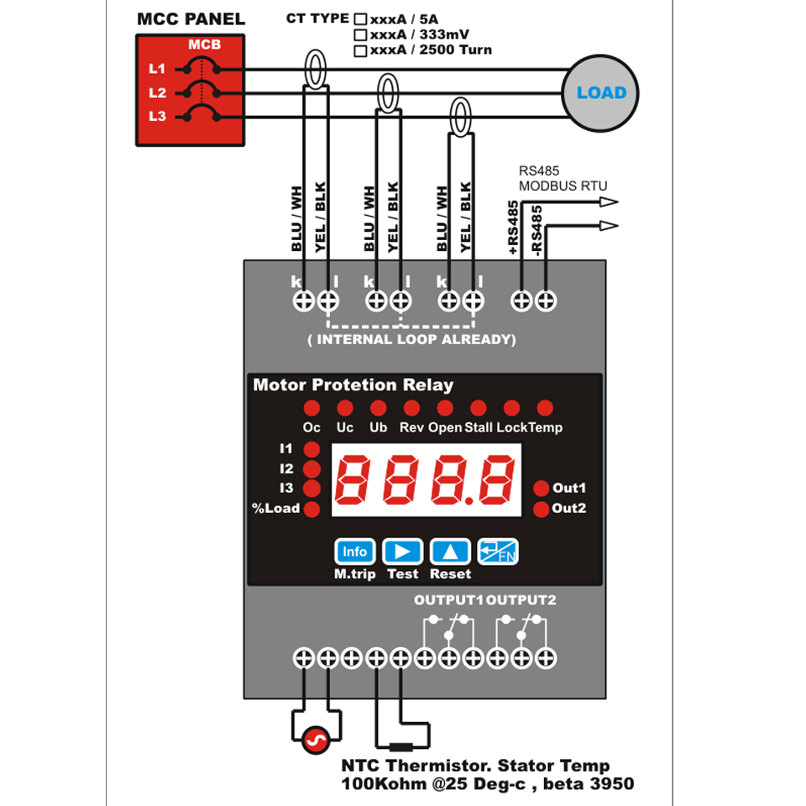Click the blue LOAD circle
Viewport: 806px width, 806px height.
pyautogui.click(x=600, y=93)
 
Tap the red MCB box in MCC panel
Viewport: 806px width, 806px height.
pyautogui.click(x=191, y=91)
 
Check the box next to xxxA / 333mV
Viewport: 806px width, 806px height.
pyautogui.click(x=360, y=34)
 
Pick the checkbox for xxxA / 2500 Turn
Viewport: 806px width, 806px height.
pyautogui.click(x=360, y=50)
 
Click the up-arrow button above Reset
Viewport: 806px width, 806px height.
pyautogui.click(x=451, y=552)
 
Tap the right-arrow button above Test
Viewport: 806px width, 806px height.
pyautogui.click(x=402, y=552)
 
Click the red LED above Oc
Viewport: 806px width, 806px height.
pyautogui.click(x=311, y=408)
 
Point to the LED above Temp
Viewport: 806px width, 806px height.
pyautogui.click(x=545, y=408)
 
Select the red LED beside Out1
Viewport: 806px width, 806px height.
pyautogui.click(x=541, y=489)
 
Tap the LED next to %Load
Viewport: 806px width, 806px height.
pyautogui.click(x=311, y=509)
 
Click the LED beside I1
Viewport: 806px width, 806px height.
pyautogui.click(x=311, y=449)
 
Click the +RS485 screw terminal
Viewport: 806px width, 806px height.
pyautogui.click(x=521, y=300)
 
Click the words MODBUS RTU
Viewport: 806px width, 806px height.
pyautogui.click(x=563, y=186)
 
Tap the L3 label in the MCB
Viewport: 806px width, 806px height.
pyautogui.click(x=157, y=116)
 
